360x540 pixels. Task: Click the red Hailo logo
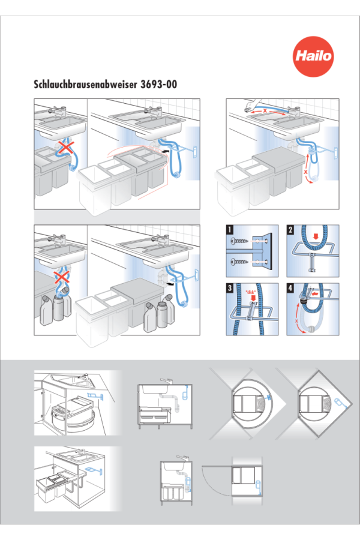(313, 56)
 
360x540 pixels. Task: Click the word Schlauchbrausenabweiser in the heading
(85, 85)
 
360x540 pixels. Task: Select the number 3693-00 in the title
(159, 85)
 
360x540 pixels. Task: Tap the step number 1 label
(230, 229)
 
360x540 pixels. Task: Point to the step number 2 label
(290, 229)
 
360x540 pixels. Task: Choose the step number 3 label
(230, 287)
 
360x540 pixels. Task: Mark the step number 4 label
(290, 287)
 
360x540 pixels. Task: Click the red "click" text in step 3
(250, 292)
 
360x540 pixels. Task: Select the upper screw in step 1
(240, 241)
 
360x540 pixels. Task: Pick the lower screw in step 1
(240, 262)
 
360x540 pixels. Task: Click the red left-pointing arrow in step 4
(314, 294)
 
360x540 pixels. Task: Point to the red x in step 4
(296, 320)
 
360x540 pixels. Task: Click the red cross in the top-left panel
(66, 148)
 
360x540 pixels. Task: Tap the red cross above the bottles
(62, 276)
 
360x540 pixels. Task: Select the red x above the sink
(265, 110)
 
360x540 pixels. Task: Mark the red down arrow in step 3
(254, 297)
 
